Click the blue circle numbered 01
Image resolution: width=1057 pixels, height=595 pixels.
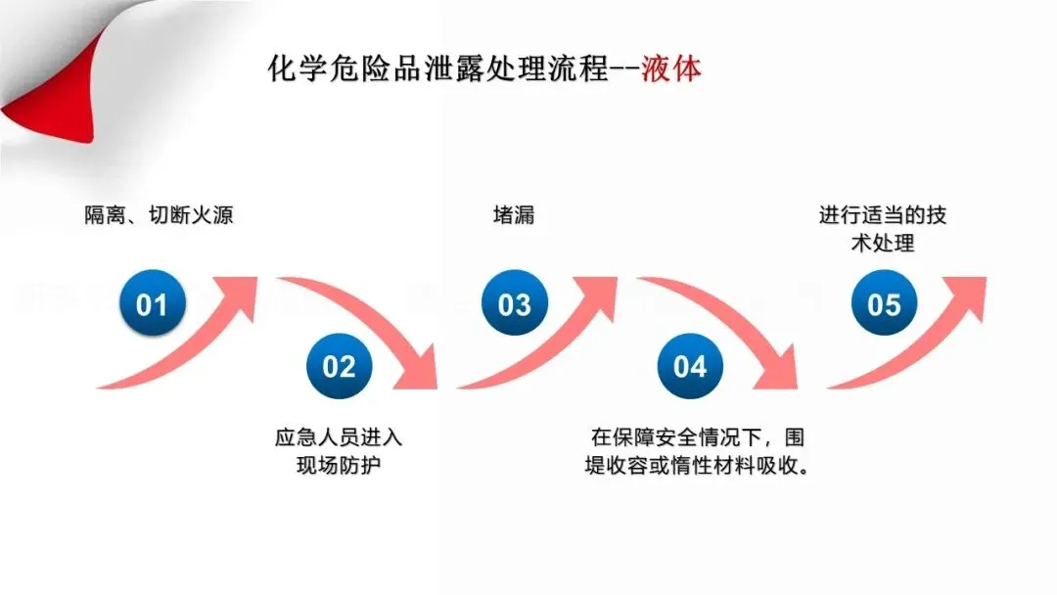click(152, 305)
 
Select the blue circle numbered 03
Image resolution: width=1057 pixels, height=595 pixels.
click(514, 305)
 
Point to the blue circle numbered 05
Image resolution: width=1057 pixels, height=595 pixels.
click(884, 305)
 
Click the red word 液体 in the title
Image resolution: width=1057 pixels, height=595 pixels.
click(671, 70)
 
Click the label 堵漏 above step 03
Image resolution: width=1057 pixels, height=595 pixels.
click(513, 215)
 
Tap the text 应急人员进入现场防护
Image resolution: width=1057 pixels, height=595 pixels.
click(339, 451)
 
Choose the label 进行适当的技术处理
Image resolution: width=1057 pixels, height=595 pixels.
click(883, 229)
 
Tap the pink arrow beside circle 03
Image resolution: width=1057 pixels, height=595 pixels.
click(558, 338)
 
